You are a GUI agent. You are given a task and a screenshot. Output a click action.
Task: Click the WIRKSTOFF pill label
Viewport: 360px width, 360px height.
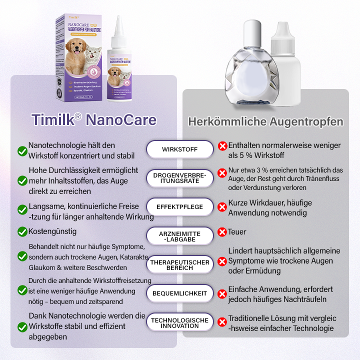coord(179,149)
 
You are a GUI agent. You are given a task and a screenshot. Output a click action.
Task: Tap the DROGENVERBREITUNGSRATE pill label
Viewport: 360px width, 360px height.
coord(179,178)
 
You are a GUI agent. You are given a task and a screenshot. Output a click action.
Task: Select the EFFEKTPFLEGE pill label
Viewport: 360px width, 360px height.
coord(179,206)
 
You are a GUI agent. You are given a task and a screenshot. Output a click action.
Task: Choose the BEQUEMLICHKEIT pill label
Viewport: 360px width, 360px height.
coord(179,293)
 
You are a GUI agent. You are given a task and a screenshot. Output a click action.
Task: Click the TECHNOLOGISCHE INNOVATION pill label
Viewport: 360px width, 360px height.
coord(179,322)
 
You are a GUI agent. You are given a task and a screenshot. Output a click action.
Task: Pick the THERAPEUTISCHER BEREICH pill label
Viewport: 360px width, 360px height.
coord(179,265)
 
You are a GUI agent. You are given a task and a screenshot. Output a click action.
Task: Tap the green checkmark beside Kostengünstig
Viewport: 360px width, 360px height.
coord(22,231)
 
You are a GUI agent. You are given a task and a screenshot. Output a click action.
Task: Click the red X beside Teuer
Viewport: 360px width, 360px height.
coord(222,232)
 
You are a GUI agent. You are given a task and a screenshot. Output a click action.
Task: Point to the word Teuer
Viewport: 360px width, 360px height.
coord(237,232)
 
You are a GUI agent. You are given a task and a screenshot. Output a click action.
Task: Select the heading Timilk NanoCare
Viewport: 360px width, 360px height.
coord(94,120)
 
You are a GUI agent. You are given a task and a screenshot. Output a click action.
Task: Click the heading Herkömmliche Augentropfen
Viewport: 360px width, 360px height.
coord(265,121)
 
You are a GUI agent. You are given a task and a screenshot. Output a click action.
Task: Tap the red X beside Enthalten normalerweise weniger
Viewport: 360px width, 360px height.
coord(222,146)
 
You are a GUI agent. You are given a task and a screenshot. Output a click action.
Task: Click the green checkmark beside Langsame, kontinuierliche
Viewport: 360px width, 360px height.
coord(22,209)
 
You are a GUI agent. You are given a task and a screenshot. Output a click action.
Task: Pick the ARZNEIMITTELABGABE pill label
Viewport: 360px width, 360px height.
coord(179,236)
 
